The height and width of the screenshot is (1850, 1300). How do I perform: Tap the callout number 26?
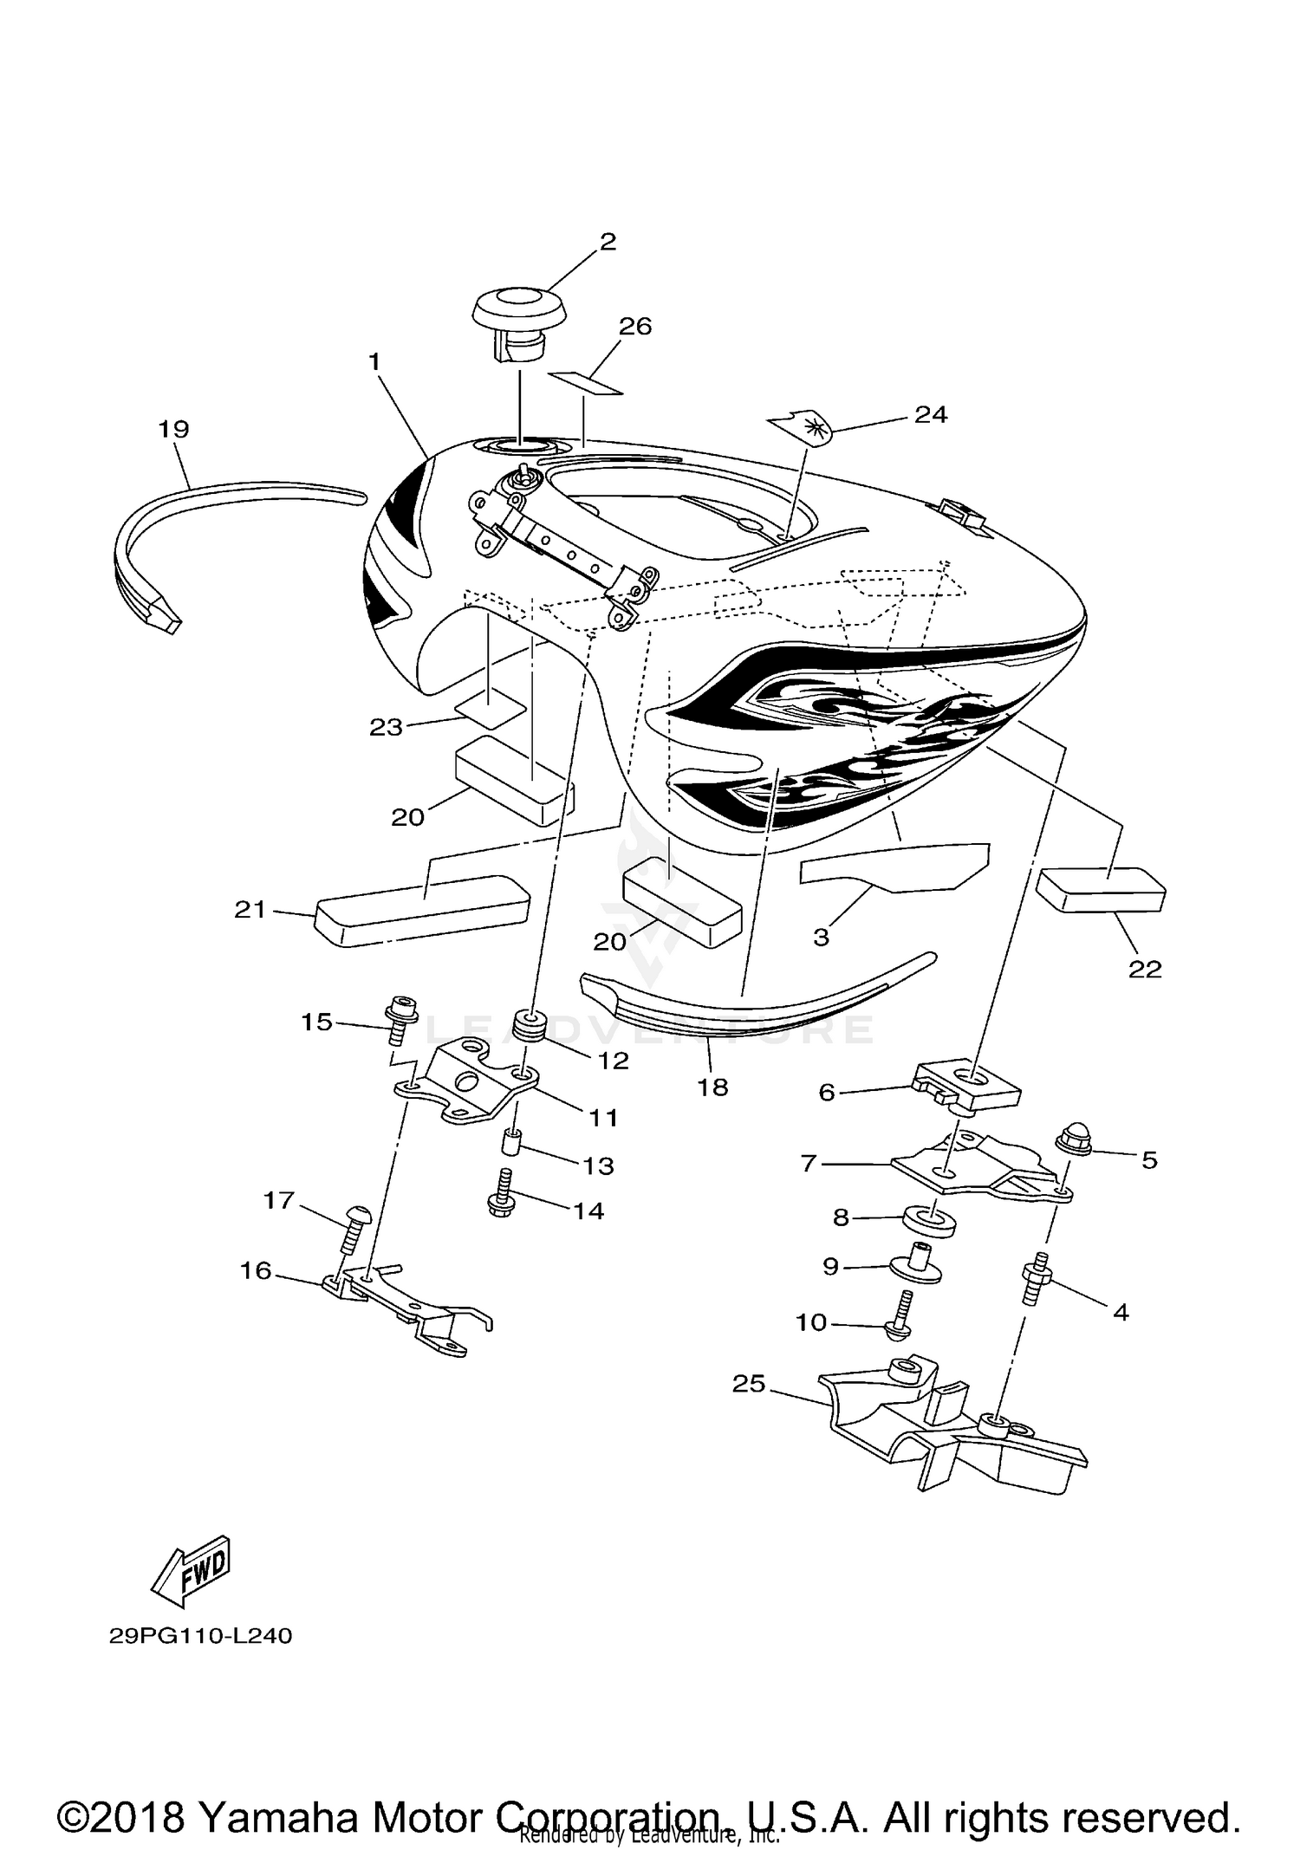(635, 327)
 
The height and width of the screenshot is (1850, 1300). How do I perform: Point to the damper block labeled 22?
(1103, 890)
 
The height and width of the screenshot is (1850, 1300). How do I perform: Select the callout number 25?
(749, 1384)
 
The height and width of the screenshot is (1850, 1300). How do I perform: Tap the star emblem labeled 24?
(801, 426)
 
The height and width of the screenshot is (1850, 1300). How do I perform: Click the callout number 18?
(712, 1087)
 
